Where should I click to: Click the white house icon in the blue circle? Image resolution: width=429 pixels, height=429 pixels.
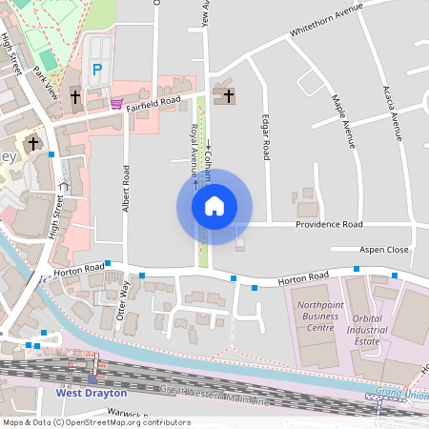pos(214,205)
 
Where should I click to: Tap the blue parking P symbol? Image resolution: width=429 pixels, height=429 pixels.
pos(96,70)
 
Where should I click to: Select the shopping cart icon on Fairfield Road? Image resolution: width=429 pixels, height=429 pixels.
pos(116,102)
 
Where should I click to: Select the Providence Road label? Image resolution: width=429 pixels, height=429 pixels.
pos(329,224)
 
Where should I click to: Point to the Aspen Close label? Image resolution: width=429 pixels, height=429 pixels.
pos(383,249)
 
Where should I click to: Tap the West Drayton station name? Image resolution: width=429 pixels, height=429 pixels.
pos(92,392)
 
